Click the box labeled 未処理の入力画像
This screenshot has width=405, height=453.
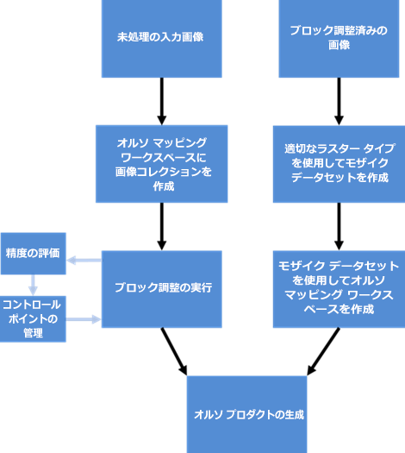[x=161, y=38]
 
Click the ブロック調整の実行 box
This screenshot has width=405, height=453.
[x=161, y=288]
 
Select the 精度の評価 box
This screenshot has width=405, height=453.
[x=34, y=253]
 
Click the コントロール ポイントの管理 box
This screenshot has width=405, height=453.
[x=34, y=318]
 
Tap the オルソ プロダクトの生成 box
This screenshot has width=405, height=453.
[x=248, y=414]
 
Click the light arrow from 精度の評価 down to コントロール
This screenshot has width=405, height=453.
[x=34, y=285]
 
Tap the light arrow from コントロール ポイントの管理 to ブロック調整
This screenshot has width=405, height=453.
[x=84, y=319]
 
